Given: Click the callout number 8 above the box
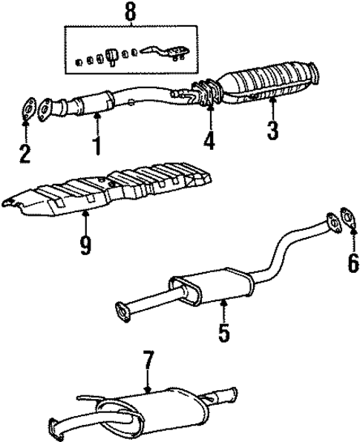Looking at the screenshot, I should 131,13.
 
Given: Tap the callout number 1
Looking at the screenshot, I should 96,145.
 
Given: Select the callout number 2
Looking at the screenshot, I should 26,154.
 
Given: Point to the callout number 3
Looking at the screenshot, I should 273,131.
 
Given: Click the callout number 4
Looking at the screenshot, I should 210,139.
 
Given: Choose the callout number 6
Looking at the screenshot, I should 353,261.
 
